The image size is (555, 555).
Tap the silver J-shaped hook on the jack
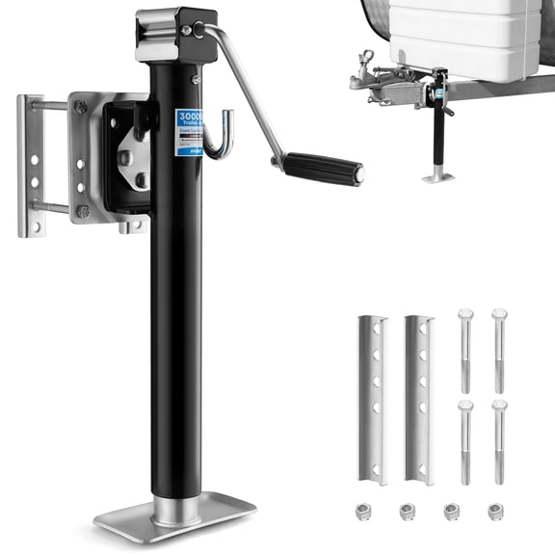221,136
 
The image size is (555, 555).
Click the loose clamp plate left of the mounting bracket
35,165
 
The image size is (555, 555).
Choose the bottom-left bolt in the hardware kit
465,440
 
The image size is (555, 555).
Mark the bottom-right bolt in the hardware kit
499,440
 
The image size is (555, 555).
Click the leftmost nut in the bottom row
367,512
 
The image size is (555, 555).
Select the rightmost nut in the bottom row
495,512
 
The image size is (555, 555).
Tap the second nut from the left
409,512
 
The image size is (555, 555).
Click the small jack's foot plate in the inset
439,176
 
